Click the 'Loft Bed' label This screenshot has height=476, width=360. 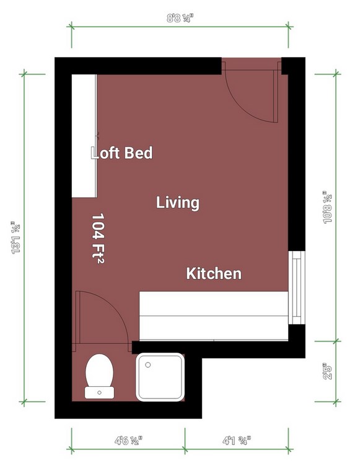click(121, 152)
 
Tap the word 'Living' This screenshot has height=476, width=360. click(178, 203)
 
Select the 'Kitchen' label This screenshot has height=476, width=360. click(214, 273)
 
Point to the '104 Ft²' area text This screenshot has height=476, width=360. click(98, 238)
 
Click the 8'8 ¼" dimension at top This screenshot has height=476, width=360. click(180, 19)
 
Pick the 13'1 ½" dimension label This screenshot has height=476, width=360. click(15, 237)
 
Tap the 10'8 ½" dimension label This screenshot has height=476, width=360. click(328, 208)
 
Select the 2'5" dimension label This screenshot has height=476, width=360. click(328, 371)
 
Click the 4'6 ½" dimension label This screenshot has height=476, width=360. click(128, 441)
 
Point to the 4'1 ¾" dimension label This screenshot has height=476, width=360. click(237, 441)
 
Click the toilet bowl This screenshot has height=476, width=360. click(99, 371)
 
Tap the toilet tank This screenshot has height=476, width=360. click(99, 392)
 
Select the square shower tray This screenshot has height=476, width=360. click(160, 377)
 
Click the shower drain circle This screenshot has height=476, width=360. click(148, 364)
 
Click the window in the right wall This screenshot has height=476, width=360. click(296, 288)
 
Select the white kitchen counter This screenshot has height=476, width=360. click(213, 315)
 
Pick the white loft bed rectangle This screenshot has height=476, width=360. click(84, 136)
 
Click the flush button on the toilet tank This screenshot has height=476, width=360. click(99, 392)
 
